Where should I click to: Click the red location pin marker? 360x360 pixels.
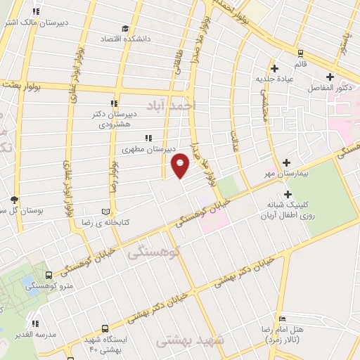pos(181,165)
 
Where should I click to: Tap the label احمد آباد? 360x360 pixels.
pos(168,105)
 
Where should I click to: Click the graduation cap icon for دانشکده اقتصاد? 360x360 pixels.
pos(125,29)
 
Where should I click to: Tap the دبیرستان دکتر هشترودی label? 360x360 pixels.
pos(114,118)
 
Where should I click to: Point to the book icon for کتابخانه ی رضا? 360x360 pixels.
pos(106,211)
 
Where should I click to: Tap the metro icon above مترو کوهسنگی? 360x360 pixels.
pos(49,275)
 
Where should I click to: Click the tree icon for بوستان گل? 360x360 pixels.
pos(13,200)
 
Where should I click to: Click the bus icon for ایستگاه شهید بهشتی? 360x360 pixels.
pos(105,328)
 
